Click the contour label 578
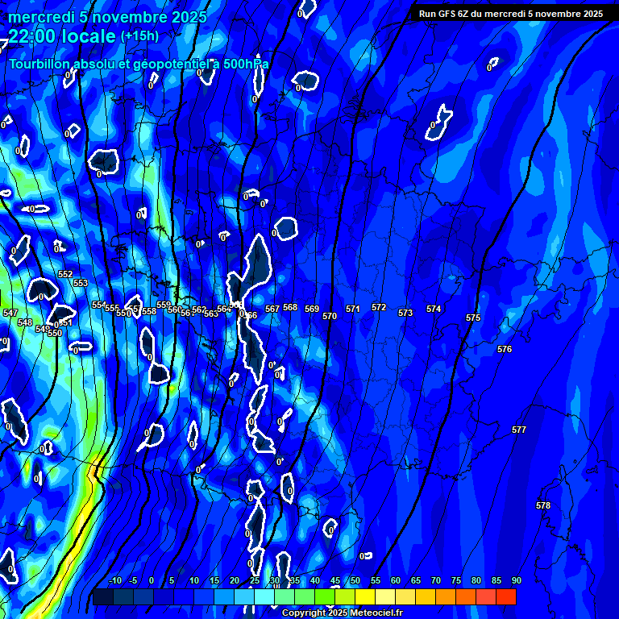543,505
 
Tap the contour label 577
519,430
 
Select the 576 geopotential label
505,349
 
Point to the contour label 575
473,318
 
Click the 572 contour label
379,307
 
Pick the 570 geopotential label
330,317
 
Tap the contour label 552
65,274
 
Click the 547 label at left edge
10,313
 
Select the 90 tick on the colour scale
516,581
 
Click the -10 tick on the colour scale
115,581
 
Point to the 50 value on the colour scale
355,581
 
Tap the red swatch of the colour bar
506,596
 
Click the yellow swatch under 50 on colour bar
365,596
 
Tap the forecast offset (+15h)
139,36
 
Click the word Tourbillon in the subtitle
44,64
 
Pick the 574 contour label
434,309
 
